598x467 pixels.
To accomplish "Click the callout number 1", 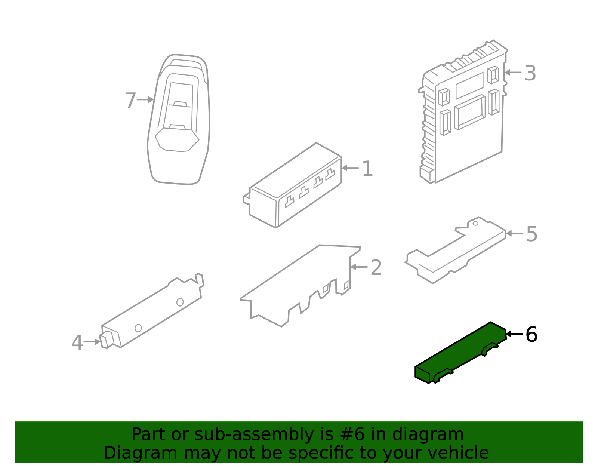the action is point(367,168).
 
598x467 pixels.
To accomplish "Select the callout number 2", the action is point(376,267).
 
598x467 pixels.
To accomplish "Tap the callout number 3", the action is point(530,73).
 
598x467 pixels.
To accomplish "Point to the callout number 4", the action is point(77,342).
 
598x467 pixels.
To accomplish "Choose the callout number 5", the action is point(531,234).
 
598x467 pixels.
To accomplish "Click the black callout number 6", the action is point(531,334).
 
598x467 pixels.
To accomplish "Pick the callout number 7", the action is point(130,100).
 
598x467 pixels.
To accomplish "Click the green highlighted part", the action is point(460,353).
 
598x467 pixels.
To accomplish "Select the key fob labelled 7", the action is point(178,119).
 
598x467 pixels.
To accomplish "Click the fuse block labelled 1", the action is point(292,185).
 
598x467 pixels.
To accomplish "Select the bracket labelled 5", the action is point(456,251).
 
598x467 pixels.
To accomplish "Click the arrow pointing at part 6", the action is point(514,334).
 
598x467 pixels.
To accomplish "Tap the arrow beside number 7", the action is point(145,99).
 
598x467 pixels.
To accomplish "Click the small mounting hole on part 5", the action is point(475,224).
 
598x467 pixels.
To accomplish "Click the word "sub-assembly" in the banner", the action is point(254,434).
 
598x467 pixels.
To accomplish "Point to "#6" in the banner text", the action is point(352,434).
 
